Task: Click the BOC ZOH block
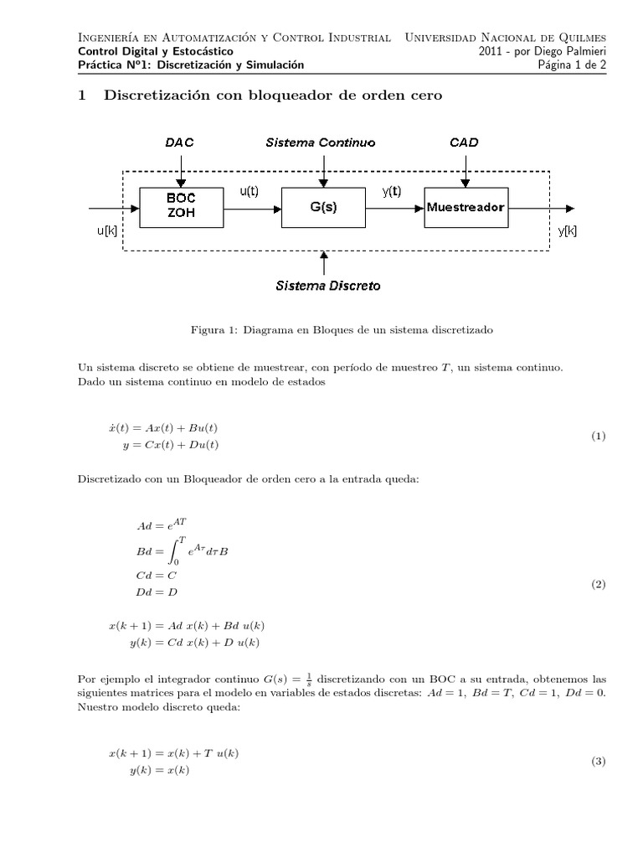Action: [180, 207]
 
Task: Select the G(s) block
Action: [323, 207]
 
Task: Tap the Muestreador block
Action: [466, 207]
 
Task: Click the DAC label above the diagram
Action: [179, 142]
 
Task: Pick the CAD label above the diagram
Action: [464, 142]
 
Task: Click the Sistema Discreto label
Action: [327, 286]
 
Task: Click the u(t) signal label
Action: [249, 191]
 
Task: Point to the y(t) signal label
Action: [392, 191]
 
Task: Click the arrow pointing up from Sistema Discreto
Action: [324, 261]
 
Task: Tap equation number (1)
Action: [598, 437]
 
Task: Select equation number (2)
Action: [598, 585]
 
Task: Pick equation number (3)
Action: [598, 762]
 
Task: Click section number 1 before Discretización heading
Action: [82, 96]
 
